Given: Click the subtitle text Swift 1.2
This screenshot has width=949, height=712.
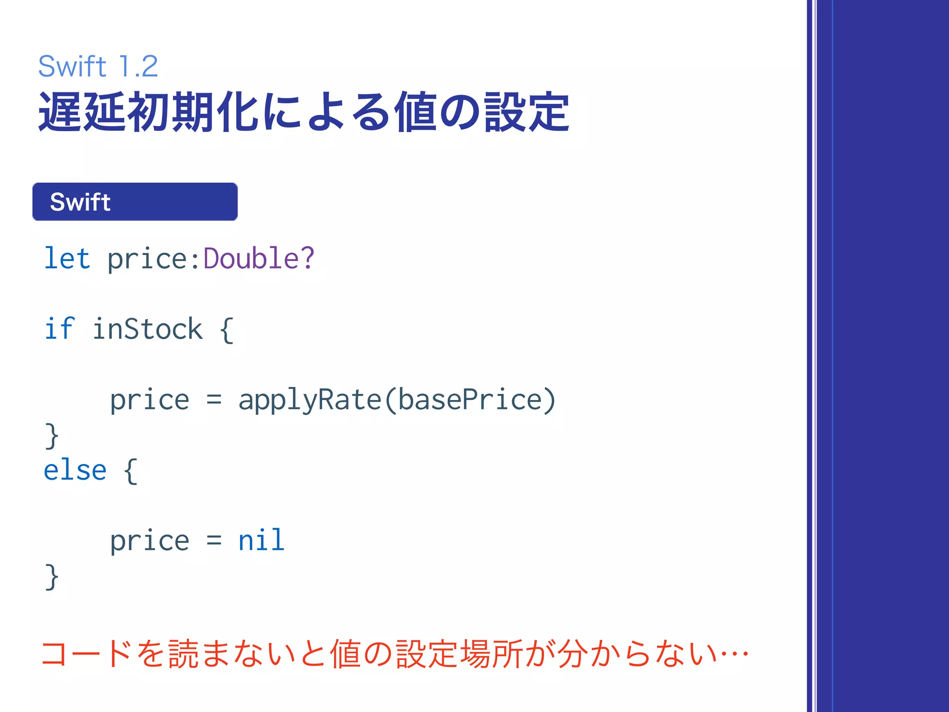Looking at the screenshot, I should [98, 66].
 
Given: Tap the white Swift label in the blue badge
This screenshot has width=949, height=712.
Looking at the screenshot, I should [80, 202].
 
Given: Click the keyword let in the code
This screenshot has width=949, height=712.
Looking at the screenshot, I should [67, 258].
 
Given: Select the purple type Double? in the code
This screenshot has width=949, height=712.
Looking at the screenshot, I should [259, 258].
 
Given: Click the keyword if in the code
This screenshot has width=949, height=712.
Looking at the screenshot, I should [59, 329].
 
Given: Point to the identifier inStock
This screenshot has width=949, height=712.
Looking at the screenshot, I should [147, 329].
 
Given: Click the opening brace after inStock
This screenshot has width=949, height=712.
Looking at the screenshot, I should [227, 330].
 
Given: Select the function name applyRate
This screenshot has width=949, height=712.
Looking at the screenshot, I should [309, 400].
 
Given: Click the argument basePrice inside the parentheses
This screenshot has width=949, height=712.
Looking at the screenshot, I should [470, 400].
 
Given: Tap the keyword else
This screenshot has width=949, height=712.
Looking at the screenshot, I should [75, 470].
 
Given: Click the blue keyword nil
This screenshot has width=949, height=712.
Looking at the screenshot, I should [261, 540].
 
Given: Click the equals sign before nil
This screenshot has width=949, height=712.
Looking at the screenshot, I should [214, 540].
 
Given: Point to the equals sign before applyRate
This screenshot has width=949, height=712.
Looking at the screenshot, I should [214, 400].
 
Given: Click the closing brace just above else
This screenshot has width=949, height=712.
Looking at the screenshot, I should [51, 436].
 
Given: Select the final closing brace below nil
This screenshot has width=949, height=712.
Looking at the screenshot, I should [51, 577].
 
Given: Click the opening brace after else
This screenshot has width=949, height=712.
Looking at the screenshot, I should [131, 471].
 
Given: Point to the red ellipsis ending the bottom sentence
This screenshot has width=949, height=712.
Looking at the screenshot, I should [733, 654].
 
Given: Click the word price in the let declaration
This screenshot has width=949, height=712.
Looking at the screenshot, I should [147, 259].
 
